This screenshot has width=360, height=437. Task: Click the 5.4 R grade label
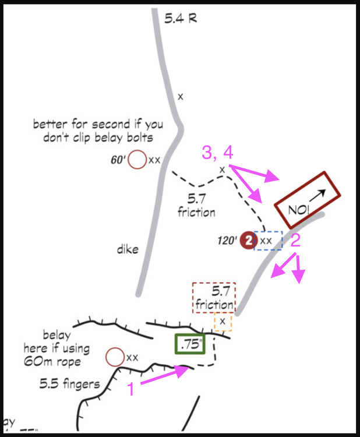pyautogui.click(x=180, y=19)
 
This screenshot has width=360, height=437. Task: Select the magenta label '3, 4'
pyautogui.click(x=217, y=153)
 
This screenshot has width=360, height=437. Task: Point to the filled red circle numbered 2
pyautogui.click(x=249, y=240)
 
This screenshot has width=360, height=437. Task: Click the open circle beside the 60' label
pyautogui.click(x=137, y=159)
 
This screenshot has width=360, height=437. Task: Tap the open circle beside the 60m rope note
pyautogui.click(x=115, y=357)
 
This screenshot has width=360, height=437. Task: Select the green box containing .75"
pyautogui.click(x=190, y=344)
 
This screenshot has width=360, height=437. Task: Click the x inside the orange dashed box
pyautogui.click(x=223, y=321)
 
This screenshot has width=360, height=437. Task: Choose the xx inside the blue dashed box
pyautogui.click(x=266, y=240)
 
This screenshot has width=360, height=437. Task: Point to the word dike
pyautogui.click(x=127, y=249)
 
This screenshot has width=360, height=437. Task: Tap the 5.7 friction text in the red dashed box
pyautogui.click(x=214, y=297)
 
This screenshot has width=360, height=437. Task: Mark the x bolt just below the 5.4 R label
pyautogui.click(x=181, y=97)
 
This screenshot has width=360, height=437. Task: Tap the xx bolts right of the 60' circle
pyautogui.click(x=154, y=160)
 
